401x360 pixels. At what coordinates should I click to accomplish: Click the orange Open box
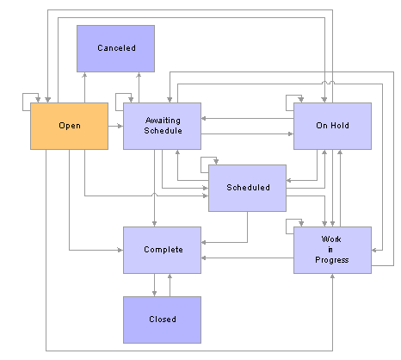pos(69,126)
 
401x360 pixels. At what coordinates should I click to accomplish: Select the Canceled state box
pos(115,48)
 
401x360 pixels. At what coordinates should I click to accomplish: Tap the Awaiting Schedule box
pos(162,126)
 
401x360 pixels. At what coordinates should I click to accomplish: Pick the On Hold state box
pos(332,126)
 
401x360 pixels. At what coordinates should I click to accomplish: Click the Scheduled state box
pos(247,188)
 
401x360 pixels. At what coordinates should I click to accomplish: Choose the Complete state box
pos(162,250)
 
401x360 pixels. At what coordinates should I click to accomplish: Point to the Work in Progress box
pos(332,250)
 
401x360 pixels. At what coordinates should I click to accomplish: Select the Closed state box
pos(162,320)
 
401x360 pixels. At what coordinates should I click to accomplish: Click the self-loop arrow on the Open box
pos(23,102)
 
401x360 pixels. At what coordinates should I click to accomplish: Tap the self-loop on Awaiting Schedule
pos(116,102)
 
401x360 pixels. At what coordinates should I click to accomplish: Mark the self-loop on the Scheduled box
pos(201,164)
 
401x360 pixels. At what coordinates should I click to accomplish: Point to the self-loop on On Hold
pos(287,102)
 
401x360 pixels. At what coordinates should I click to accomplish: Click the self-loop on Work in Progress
pos(287,227)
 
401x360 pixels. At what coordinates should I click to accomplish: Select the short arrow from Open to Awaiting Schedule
pos(115,126)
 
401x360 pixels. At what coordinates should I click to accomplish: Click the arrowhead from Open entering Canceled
pos(84,75)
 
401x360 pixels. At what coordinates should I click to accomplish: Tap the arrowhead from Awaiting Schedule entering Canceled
pos(139,75)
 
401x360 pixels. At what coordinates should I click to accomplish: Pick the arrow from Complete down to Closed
pos(154,285)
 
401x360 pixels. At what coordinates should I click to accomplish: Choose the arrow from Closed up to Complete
pos(170,285)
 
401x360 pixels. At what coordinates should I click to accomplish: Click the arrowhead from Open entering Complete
pos(120,250)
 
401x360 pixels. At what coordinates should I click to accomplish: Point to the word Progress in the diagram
pos(332,260)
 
